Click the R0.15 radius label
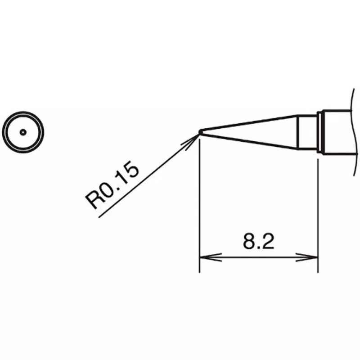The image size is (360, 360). point(112,185)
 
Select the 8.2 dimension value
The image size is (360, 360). point(258,241)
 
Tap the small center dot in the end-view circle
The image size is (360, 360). point(23,132)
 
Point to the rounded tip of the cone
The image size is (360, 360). point(200,132)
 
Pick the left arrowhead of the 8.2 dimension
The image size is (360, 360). point(210,257)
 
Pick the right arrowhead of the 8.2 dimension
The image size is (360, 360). point(307,257)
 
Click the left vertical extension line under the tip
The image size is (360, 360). point(200,206)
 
